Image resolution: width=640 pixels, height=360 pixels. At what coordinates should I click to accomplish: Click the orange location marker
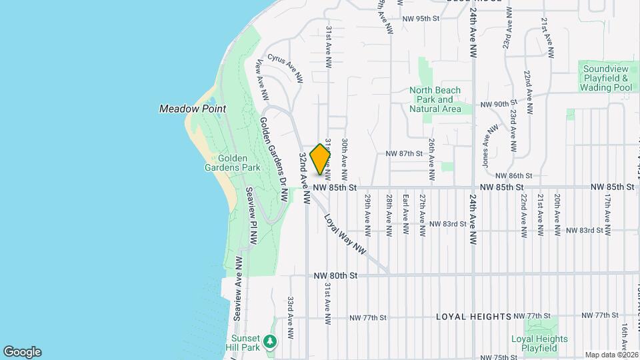point(321,159)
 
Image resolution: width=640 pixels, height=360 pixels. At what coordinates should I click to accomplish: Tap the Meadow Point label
point(192,109)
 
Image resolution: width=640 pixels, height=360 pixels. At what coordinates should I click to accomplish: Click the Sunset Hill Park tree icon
point(269,342)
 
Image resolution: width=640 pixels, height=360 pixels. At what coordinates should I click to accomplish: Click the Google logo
point(22,352)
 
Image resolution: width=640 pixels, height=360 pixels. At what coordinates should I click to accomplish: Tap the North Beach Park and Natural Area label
point(435,99)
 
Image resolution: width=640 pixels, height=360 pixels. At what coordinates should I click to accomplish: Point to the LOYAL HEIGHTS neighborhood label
point(473,316)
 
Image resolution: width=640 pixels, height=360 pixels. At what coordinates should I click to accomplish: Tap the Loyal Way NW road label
point(346,233)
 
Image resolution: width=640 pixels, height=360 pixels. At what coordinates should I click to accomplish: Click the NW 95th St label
point(423,19)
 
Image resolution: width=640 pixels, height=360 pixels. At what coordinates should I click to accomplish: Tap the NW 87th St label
point(404,153)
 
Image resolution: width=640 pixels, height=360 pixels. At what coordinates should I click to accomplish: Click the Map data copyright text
point(611,355)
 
